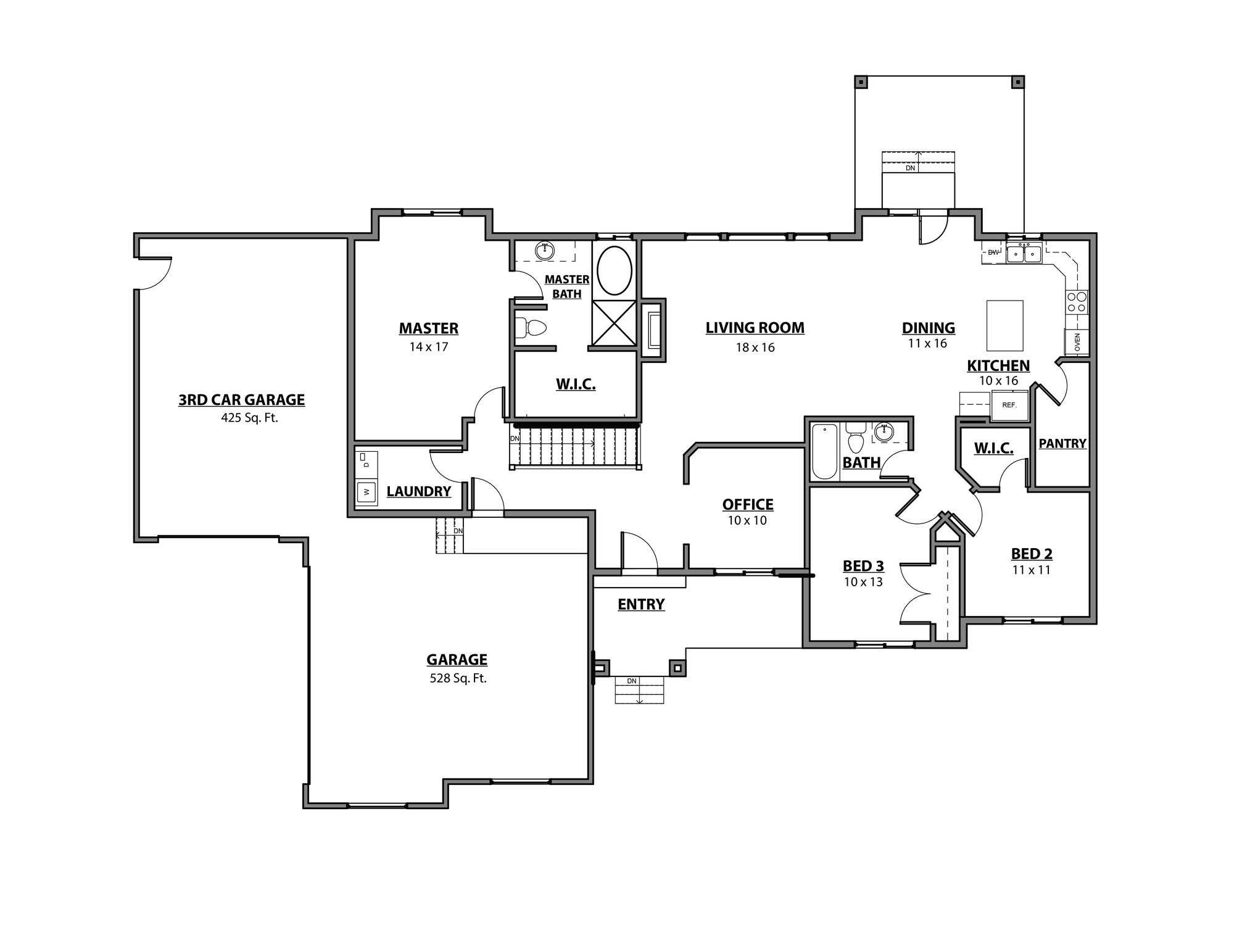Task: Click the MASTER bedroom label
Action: (x=428, y=328)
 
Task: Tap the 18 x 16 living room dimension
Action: (x=755, y=347)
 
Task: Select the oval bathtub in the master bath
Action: (x=614, y=270)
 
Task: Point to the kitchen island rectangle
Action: (x=1004, y=325)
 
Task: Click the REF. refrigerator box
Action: (x=1009, y=405)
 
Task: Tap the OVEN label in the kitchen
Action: (x=1077, y=342)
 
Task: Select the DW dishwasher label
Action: (x=993, y=252)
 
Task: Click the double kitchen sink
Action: (x=1024, y=253)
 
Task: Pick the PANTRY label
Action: (x=1062, y=443)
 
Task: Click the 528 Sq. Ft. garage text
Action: (x=458, y=678)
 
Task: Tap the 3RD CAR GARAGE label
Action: (x=241, y=400)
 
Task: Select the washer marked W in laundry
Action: (x=366, y=492)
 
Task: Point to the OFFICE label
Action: (x=747, y=504)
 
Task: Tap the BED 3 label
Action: (x=863, y=566)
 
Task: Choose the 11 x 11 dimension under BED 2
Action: (x=1030, y=570)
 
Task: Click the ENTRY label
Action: (x=641, y=604)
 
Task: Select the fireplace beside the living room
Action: (x=652, y=331)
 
